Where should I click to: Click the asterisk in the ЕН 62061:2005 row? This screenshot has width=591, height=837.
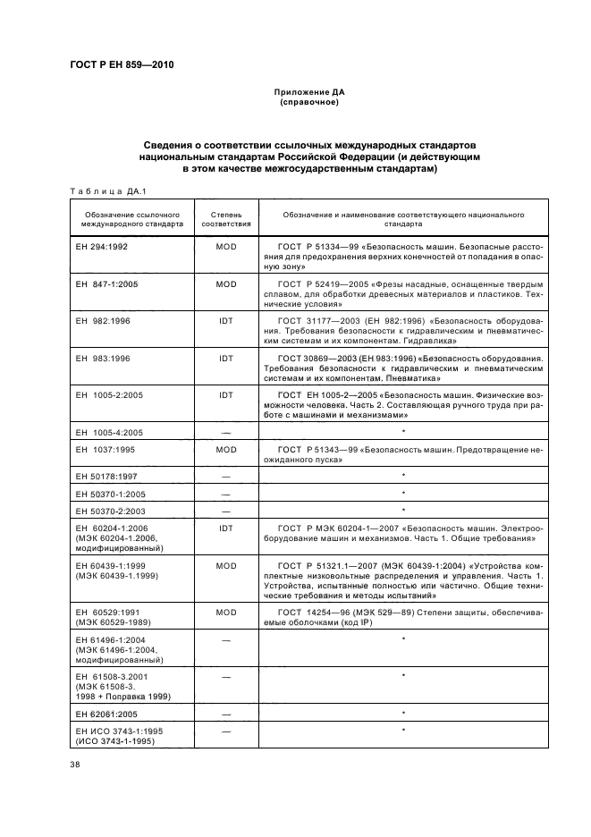pos(404,713)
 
